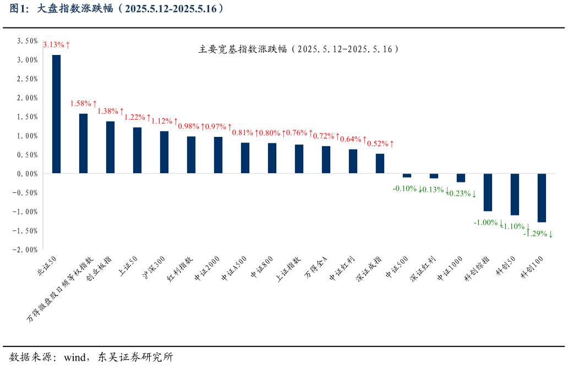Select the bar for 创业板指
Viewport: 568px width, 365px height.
click(x=110, y=147)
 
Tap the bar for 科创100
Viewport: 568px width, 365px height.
click(x=542, y=198)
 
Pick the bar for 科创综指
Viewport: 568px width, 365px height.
click(x=488, y=192)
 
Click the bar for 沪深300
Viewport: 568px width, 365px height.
click(x=164, y=152)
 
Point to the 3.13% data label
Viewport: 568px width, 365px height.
click(x=57, y=45)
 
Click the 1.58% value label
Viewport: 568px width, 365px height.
click(x=84, y=103)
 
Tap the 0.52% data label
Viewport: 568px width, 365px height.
click(x=380, y=143)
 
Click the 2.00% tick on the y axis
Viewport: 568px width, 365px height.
click(x=27, y=98)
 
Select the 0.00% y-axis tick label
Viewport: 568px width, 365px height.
click(x=27, y=174)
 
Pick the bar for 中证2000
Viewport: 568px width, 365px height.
click(x=218, y=155)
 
